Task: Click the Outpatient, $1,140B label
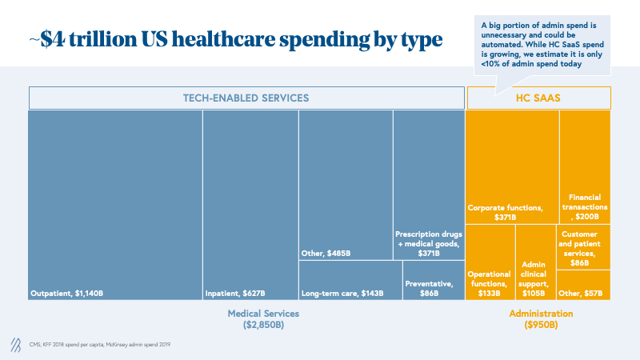66,293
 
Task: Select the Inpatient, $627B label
235,293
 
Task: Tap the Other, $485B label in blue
326,254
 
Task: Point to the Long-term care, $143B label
342,293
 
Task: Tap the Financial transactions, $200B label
585,206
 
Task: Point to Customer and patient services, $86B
583,248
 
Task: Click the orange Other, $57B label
583,293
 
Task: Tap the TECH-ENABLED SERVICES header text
246,98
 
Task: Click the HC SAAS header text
538,98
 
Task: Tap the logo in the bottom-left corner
15,344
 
